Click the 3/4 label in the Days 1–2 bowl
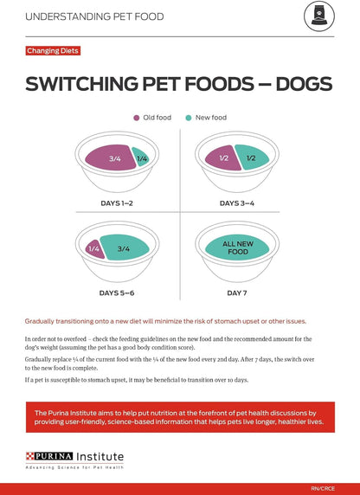point(115,158)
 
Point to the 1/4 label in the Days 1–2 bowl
point(141,158)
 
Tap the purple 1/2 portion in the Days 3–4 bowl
point(223,158)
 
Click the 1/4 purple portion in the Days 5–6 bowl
point(94,249)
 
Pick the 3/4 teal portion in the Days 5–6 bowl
point(124,249)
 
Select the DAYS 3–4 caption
point(238,202)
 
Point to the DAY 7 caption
point(238,293)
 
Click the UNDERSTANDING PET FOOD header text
point(93,16)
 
